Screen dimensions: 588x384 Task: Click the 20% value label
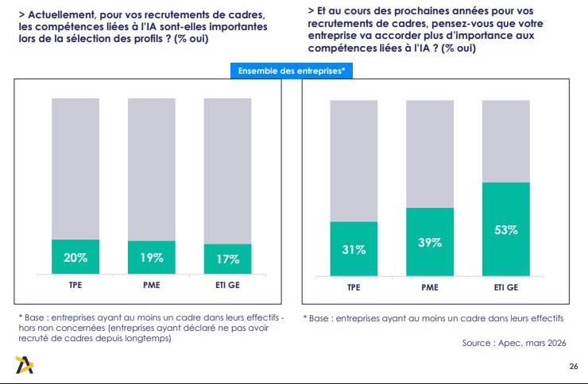coord(75,258)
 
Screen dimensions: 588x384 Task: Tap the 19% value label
coord(152,258)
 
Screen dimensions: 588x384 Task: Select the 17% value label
coord(227,259)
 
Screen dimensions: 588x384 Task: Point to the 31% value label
coord(354,250)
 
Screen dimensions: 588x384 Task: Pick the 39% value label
coord(430,243)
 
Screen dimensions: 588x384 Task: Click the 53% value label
coord(506,230)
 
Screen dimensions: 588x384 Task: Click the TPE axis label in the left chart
coord(75,285)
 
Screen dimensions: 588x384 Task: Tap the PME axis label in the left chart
coord(152,285)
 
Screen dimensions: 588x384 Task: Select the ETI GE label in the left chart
coord(227,285)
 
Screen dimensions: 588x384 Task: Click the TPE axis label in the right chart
coord(354,287)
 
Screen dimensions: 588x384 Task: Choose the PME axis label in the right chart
coord(430,287)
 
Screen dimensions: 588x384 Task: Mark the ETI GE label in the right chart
coord(506,287)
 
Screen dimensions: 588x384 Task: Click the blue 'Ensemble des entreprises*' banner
coord(292,71)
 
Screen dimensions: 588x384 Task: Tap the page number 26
coord(574,366)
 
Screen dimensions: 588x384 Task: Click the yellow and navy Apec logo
coord(25,365)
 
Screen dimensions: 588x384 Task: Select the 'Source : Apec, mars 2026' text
coord(514,343)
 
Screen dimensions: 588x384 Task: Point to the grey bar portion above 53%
coord(506,141)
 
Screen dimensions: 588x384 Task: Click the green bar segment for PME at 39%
coord(430,242)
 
